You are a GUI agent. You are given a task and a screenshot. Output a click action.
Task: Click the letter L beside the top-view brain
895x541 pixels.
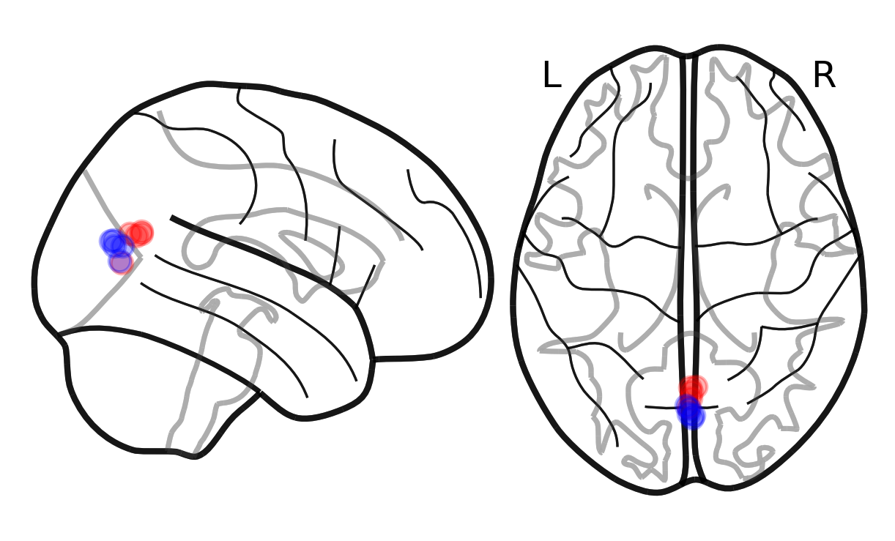(552, 75)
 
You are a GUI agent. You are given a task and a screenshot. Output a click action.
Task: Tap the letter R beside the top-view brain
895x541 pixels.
(824, 75)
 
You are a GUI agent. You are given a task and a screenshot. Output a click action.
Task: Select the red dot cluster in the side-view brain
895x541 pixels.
(137, 233)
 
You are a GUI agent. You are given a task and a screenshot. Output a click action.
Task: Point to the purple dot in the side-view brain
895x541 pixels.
(120, 261)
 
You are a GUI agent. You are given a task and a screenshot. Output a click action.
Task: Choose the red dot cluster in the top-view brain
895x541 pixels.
(692, 387)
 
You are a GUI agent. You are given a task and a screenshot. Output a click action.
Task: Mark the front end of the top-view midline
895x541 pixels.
(689, 55)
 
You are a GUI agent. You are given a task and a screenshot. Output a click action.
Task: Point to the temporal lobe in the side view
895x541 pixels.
(278, 329)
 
